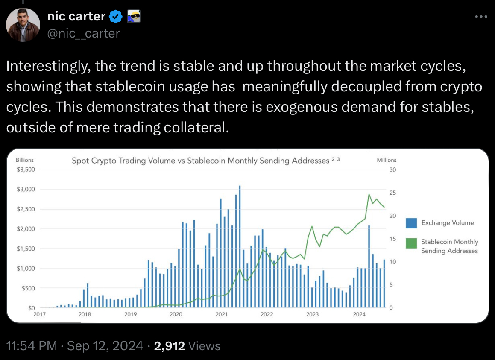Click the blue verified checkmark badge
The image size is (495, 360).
point(116,17)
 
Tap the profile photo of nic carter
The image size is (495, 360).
point(23,24)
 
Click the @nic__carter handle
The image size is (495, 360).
point(83,33)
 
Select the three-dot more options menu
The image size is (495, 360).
point(480,17)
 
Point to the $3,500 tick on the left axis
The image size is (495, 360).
point(25,170)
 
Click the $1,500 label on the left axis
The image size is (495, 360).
point(25,249)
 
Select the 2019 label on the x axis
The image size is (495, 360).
point(130,315)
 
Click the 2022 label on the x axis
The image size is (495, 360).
point(267,315)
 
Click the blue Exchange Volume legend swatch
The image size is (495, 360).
point(411,223)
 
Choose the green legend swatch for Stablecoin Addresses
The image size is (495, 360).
point(411,243)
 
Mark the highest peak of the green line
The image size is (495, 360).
point(369,194)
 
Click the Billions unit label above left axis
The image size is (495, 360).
point(24,160)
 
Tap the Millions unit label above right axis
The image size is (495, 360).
point(386,160)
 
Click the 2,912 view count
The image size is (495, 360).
point(170,346)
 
